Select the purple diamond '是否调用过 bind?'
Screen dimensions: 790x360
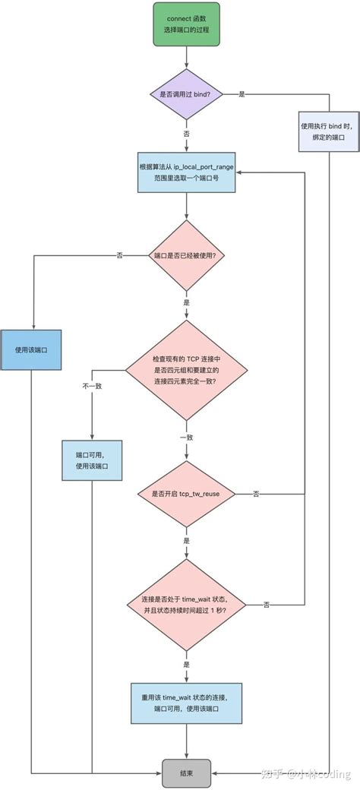tap(186, 94)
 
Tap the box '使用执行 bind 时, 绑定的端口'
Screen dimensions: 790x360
tap(328, 134)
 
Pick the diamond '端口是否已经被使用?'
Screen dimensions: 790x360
tap(186, 255)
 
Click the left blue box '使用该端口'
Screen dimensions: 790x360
tap(31, 350)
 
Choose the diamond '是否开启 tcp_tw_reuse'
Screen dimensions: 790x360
tap(186, 494)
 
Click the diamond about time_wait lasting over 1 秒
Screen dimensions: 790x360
tap(186, 604)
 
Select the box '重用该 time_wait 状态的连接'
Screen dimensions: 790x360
tap(186, 703)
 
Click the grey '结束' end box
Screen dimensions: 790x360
tap(186, 772)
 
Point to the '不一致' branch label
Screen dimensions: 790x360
tap(92, 386)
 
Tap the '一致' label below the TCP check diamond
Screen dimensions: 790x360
tap(186, 438)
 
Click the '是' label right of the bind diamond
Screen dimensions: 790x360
tap(242, 94)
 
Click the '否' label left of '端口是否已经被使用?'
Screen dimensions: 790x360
tap(119, 255)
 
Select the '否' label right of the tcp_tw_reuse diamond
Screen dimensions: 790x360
tap(256, 494)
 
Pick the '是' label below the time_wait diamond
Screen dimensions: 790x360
tap(186, 663)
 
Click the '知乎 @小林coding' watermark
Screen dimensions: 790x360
tap(306, 774)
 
